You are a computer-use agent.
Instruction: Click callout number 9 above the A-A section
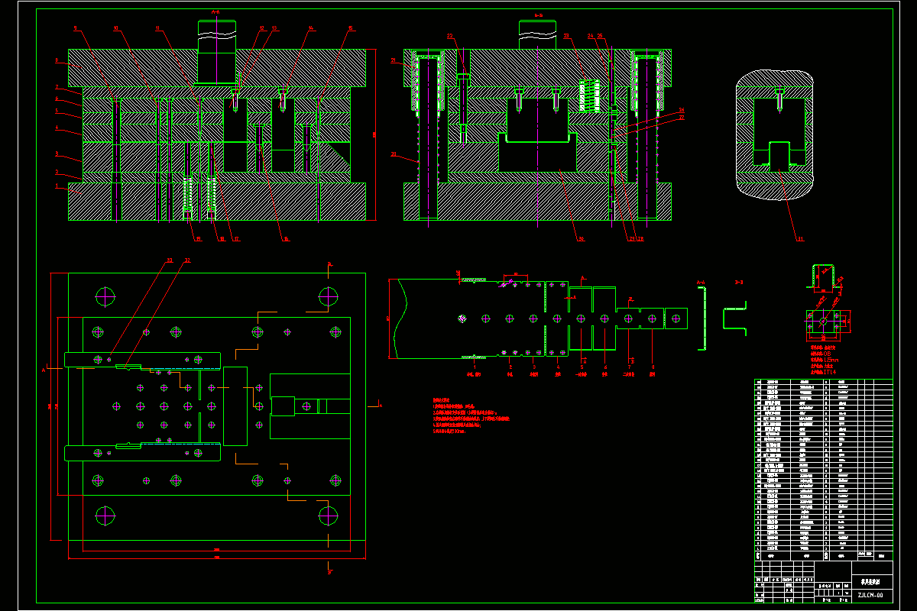[x=75, y=28]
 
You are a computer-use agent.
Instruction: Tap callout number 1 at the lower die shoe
[x=57, y=186]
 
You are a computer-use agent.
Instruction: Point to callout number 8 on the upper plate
[x=57, y=60]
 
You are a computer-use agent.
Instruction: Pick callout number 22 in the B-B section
[x=450, y=36]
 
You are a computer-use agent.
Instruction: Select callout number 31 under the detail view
[x=779, y=239]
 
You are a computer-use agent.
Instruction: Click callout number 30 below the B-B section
[x=581, y=239]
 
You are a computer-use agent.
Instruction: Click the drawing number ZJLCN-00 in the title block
[x=870, y=595]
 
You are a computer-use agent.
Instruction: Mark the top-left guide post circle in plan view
[x=105, y=294]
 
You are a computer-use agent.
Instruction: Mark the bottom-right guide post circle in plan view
[x=328, y=514]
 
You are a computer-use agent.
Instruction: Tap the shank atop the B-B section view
[x=538, y=34]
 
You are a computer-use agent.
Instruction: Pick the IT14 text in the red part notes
[x=827, y=371]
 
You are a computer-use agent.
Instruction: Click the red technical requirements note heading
[x=442, y=400]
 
